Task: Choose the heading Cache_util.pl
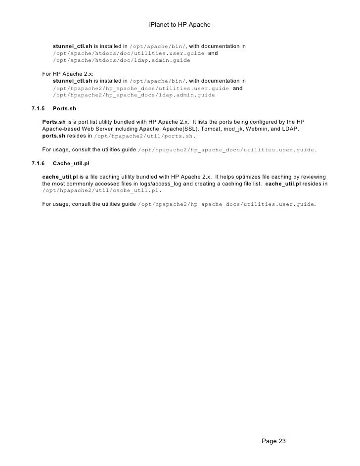[x=70, y=163]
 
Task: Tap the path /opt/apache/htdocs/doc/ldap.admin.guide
[x=121, y=61]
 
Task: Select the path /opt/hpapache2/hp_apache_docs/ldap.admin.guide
[x=134, y=95]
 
